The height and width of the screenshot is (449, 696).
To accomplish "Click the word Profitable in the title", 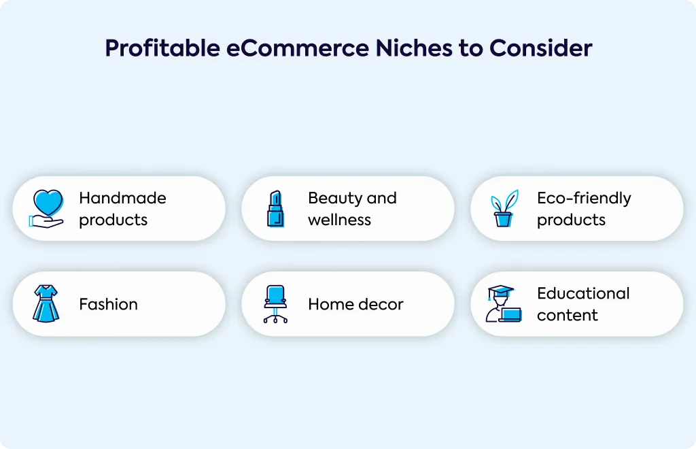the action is coord(162,48).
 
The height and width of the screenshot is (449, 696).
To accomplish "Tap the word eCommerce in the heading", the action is coord(298,48).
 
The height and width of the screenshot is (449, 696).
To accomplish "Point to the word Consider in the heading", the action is coord(540,48).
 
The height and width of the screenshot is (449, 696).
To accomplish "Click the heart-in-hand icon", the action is coord(46,209).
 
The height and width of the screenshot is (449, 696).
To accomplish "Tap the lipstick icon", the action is coord(275,209).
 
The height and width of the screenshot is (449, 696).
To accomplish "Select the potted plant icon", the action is coord(504,209).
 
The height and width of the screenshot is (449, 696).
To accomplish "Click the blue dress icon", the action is coord(46,304).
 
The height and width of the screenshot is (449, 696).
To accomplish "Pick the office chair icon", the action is coord(275,304).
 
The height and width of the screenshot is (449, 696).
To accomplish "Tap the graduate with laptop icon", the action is coord(504,304).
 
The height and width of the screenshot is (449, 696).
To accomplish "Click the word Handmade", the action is coord(122,198).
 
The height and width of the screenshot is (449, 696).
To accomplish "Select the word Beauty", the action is coord(334,199).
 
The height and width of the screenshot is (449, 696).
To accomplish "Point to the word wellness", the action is coord(340,220).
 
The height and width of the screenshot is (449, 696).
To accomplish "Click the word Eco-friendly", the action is coord(584,199).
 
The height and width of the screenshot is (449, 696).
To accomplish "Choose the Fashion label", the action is coord(109,304).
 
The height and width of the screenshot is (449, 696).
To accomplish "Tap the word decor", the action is coord(381,304).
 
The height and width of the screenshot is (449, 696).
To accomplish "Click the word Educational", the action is coord(583,293).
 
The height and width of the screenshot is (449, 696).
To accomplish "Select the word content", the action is coord(568,316).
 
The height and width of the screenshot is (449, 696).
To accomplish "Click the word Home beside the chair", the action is coord(330,304).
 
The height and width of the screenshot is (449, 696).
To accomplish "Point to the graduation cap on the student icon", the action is coord(500,292).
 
